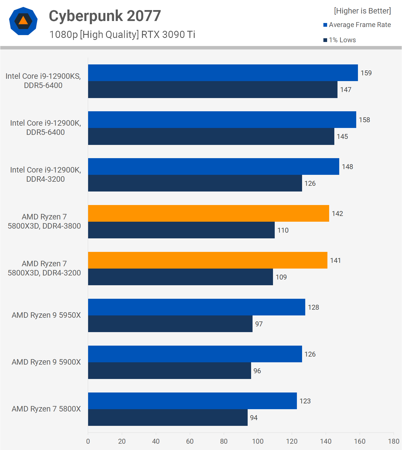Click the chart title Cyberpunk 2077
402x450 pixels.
pos(105,16)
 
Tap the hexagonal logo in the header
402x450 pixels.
pos(23,21)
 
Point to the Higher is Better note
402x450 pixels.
pos(362,11)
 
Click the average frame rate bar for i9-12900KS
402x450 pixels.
pos(223,73)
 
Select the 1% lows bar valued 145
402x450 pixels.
pos(211,136)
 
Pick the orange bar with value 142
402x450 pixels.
pos(208,213)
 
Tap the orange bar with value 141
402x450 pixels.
pos(208,260)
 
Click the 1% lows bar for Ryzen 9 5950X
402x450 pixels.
pos(170,324)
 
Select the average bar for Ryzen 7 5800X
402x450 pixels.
pos(192,401)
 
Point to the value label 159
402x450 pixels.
pos(366,73)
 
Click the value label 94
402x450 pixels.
pos(254,418)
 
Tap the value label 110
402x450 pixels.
pos(283,230)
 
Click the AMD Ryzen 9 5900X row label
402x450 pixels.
pos(46,362)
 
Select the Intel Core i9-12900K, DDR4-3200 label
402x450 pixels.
pos(45,175)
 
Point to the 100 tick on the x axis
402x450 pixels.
pos(258,441)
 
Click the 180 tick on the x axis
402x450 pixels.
pos(393,441)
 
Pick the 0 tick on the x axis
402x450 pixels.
pos(88,441)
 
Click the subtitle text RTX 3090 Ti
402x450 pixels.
pos(168,35)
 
